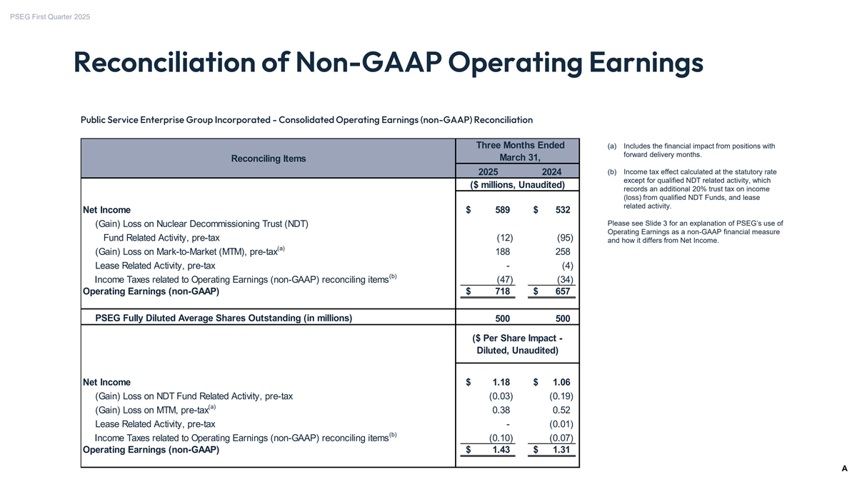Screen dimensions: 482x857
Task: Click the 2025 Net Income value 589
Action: click(501, 210)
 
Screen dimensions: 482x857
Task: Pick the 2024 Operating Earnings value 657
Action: click(560, 291)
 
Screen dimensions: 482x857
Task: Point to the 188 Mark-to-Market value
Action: click(502, 251)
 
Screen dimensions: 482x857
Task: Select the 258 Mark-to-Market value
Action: click(562, 251)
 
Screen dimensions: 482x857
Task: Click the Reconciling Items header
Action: click(269, 159)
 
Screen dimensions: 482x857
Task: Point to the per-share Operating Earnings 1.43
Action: click(496, 450)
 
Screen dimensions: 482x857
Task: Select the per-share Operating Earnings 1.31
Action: click(557, 450)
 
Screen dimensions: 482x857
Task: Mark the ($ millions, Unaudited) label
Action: click(517, 186)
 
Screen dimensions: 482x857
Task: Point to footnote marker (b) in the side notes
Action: click(611, 171)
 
